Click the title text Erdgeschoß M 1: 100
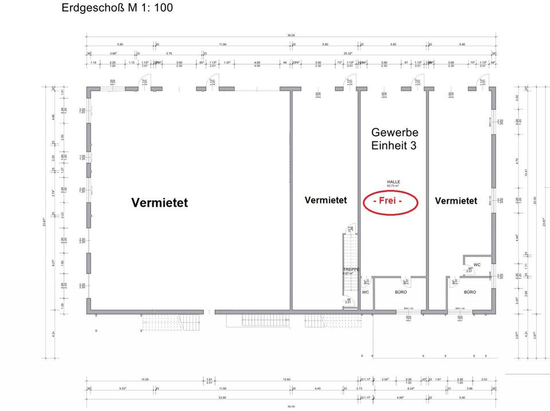[x=117, y=9]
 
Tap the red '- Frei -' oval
[x=392, y=201]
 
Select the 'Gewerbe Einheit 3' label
[x=395, y=139]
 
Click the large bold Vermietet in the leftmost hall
[x=159, y=203]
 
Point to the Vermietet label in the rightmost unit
[x=456, y=201]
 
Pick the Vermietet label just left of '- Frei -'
[x=325, y=200]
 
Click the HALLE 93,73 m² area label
[x=393, y=184]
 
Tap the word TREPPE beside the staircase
[x=351, y=270]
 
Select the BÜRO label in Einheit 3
[x=401, y=292]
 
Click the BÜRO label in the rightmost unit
[x=470, y=292]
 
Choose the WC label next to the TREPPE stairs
[x=366, y=292]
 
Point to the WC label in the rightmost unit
[x=477, y=264]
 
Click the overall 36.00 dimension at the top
[x=291, y=35]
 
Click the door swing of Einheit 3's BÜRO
[x=405, y=281]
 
